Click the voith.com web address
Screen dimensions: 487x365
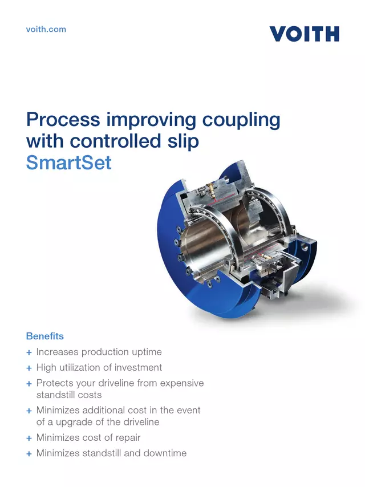click(x=46, y=29)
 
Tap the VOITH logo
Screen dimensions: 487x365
click(x=304, y=34)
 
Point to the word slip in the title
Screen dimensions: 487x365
click(x=182, y=141)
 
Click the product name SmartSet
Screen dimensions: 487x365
click(x=69, y=163)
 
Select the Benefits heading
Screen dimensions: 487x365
click(x=45, y=336)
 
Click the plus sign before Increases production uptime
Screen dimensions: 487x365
click(x=29, y=353)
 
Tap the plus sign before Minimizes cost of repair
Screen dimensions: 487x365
click(x=29, y=439)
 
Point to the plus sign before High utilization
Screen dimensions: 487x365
click(x=29, y=368)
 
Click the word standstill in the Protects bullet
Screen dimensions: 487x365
click(x=55, y=395)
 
